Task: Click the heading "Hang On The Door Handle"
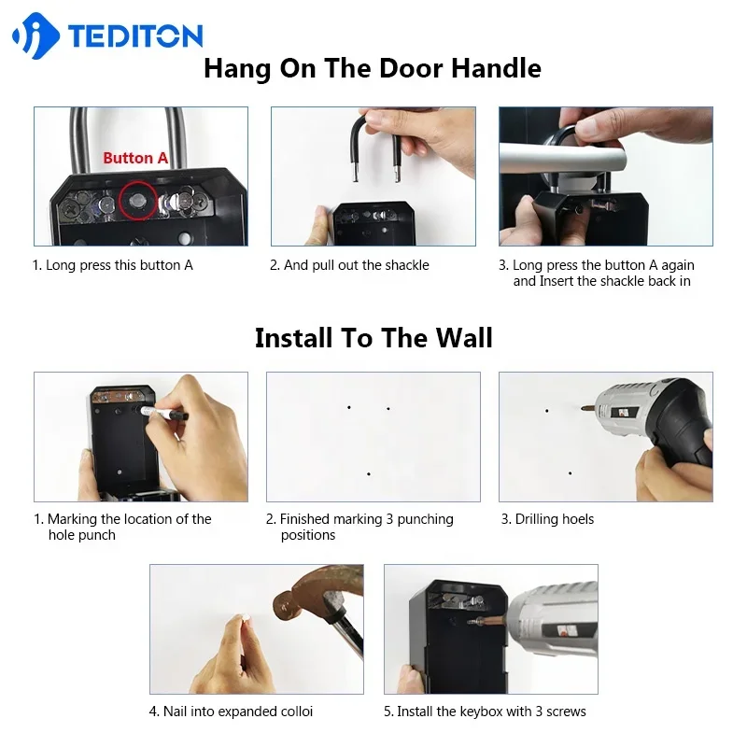[x=373, y=68]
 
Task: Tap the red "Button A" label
[x=135, y=158]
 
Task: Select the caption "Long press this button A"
[x=113, y=265]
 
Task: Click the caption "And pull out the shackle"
[x=349, y=265]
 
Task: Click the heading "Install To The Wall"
[x=373, y=337]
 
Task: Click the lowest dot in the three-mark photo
[x=369, y=474]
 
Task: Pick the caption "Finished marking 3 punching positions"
[x=359, y=527]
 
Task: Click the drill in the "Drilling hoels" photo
[x=654, y=425]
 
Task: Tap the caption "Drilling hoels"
[x=547, y=519]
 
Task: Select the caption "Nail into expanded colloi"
[x=231, y=712]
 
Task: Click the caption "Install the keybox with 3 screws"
[x=485, y=712]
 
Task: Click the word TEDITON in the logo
[x=134, y=36]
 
